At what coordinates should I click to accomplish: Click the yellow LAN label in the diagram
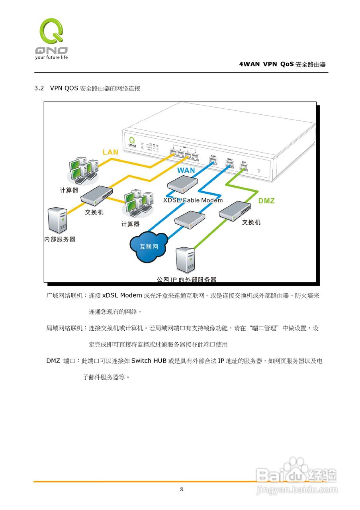tap(110, 152)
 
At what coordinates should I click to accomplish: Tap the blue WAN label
tap(186, 170)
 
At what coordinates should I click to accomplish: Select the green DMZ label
tap(266, 201)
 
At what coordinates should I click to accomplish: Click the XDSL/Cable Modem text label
tap(193, 200)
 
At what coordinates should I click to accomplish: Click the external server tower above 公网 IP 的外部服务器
tap(186, 260)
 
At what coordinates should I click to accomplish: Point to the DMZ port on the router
tap(244, 167)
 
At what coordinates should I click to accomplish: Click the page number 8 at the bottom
tap(182, 489)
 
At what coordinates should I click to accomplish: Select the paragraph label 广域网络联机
tap(65, 295)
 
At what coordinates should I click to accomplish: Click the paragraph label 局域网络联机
tap(65, 328)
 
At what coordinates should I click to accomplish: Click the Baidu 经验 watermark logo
tap(297, 475)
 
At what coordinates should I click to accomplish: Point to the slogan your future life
tap(51, 57)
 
